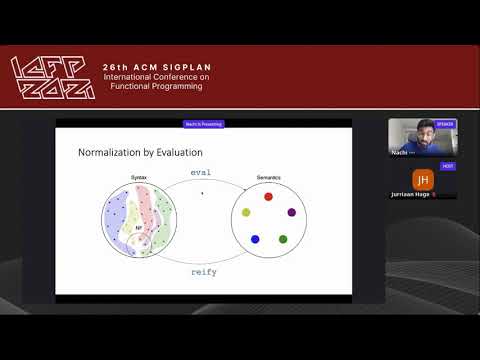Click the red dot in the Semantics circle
point(268,196)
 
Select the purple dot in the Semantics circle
point(291,212)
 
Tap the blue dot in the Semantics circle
point(255,239)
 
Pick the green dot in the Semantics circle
point(283,239)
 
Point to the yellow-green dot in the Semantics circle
point(246,212)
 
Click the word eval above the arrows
point(202,172)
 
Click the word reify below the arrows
point(203,271)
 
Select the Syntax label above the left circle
point(138,178)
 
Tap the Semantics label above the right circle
point(267,178)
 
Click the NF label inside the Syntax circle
point(139,229)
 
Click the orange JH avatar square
point(422,179)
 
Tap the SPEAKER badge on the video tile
point(445,124)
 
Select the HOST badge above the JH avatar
point(448,165)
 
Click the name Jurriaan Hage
point(410,195)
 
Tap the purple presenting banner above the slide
point(203,124)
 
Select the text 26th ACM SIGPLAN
point(157,67)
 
